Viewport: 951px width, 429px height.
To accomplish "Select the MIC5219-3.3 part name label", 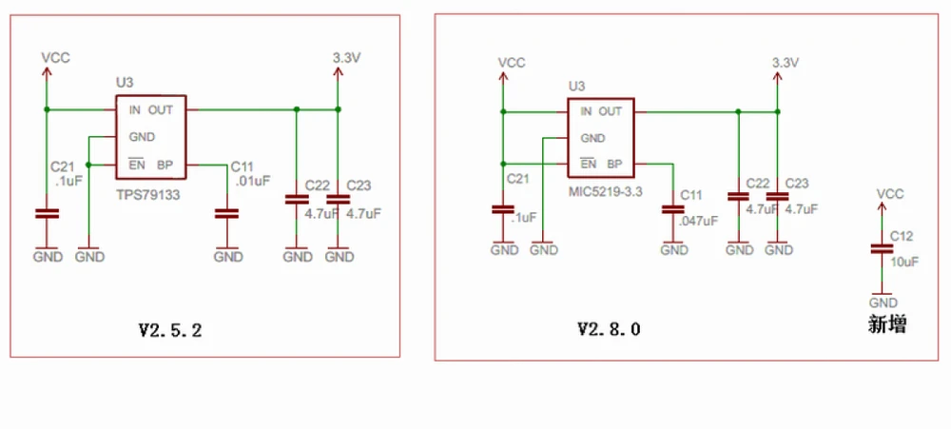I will click(x=607, y=190).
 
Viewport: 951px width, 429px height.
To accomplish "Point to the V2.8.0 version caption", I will click(x=610, y=329).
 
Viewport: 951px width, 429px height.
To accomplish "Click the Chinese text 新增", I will click(x=886, y=324).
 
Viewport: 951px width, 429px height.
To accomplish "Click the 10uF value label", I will click(x=904, y=261).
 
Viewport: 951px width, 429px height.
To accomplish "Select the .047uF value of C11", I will click(x=697, y=220).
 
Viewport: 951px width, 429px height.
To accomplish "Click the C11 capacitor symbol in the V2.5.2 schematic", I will click(x=226, y=214).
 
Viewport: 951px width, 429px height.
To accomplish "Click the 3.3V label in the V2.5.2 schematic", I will click(x=346, y=58).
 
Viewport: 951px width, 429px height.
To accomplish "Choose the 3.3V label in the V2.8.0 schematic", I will click(x=785, y=62).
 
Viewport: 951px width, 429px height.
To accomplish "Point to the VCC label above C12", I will click(x=889, y=194).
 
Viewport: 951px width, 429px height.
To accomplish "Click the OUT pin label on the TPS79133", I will click(x=160, y=109).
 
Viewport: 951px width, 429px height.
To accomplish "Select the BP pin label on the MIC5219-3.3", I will click(x=614, y=164).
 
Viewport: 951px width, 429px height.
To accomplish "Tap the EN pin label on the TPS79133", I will click(x=136, y=164).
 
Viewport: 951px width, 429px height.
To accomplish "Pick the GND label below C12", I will click(x=883, y=302).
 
